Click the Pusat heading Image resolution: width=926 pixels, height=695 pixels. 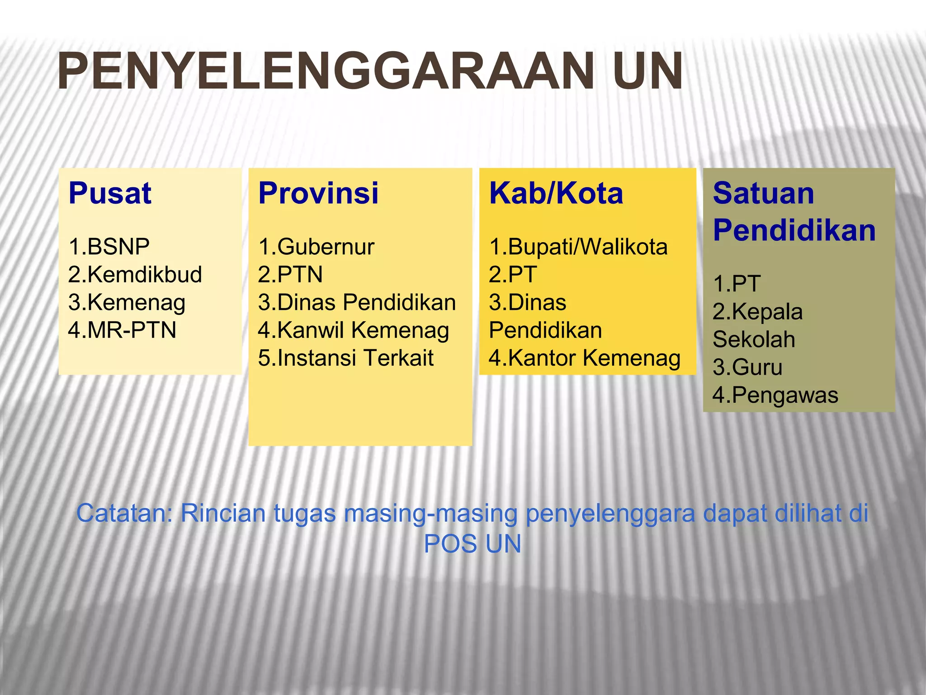click(110, 194)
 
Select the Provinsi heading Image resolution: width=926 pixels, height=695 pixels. click(318, 194)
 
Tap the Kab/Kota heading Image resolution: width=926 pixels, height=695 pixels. click(556, 194)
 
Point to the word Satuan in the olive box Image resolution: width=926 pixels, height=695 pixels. click(763, 194)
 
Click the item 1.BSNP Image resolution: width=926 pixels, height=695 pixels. click(109, 247)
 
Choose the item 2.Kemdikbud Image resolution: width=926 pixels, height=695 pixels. click(135, 275)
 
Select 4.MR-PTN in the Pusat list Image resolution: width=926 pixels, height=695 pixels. click(122, 330)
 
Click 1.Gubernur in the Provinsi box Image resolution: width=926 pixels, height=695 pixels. click(316, 247)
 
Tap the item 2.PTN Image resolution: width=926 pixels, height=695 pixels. click(290, 275)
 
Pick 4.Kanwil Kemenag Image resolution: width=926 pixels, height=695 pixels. click(353, 330)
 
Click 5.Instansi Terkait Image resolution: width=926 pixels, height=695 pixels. click(345, 358)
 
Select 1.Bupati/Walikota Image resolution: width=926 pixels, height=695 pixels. click(578, 247)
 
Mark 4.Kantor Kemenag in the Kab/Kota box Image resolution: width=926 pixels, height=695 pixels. click(584, 358)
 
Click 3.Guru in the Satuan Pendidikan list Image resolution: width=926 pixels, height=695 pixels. click(747, 367)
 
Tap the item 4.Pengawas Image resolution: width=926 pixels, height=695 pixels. click(775, 395)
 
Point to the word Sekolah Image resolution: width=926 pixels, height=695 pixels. click(754, 340)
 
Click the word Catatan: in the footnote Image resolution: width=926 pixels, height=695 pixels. click(125, 514)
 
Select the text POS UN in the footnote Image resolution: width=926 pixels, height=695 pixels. click(472, 544)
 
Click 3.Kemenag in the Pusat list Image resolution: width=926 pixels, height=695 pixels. click(127, 303)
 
